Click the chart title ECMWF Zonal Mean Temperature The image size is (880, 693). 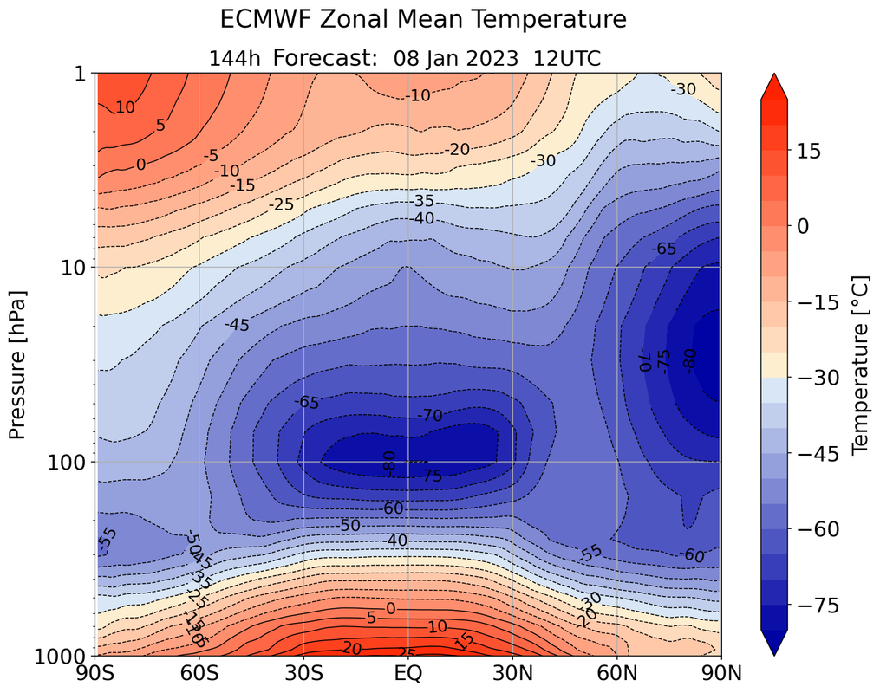422,19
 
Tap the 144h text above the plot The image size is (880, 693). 235,58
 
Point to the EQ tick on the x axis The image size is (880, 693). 408,672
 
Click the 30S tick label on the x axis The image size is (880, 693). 303,672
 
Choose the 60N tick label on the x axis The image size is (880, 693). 617,672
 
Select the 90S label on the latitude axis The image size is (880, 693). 95,672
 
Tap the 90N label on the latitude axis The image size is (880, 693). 721,672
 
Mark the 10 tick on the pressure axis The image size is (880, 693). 75,268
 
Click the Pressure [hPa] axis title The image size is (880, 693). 19,365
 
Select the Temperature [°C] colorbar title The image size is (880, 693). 859,365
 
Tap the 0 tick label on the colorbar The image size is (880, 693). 804,225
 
